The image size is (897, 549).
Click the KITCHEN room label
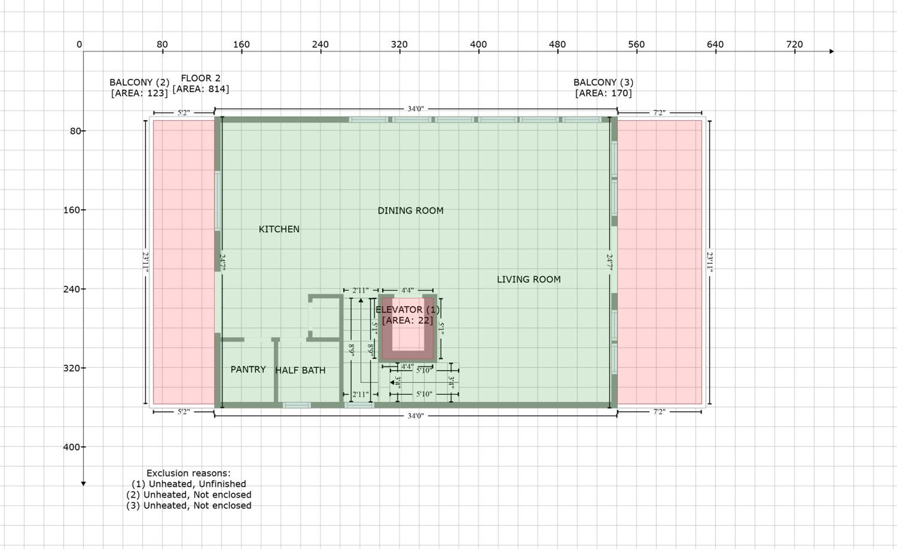(279, 229)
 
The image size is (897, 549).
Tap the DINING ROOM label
(411, 211)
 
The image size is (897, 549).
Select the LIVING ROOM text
(529, 280)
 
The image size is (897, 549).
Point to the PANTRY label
(248, 370)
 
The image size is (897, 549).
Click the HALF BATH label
(300, 370)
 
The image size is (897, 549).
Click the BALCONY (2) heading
(139, 82)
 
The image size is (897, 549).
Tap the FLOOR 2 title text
(201, 78)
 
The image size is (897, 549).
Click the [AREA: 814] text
(201, 89)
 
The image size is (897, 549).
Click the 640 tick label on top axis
(715, 45)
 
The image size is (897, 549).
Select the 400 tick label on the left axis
(72, 447)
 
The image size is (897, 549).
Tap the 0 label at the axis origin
(79, 45)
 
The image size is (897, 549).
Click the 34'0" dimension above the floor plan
(416, 109)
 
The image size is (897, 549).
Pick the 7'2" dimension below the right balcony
(659, 412)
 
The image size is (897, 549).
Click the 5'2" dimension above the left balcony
(184, 113)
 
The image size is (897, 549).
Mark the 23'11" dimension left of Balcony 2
(145, 263)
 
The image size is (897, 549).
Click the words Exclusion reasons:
(189, 473)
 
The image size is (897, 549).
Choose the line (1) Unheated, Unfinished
(189, 484)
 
